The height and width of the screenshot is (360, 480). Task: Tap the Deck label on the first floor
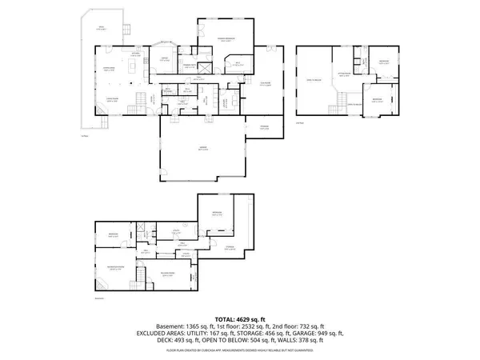click(102, 29)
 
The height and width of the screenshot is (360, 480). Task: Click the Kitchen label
click(136, 54)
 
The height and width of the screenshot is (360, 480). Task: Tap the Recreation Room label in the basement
click(168, 276)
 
